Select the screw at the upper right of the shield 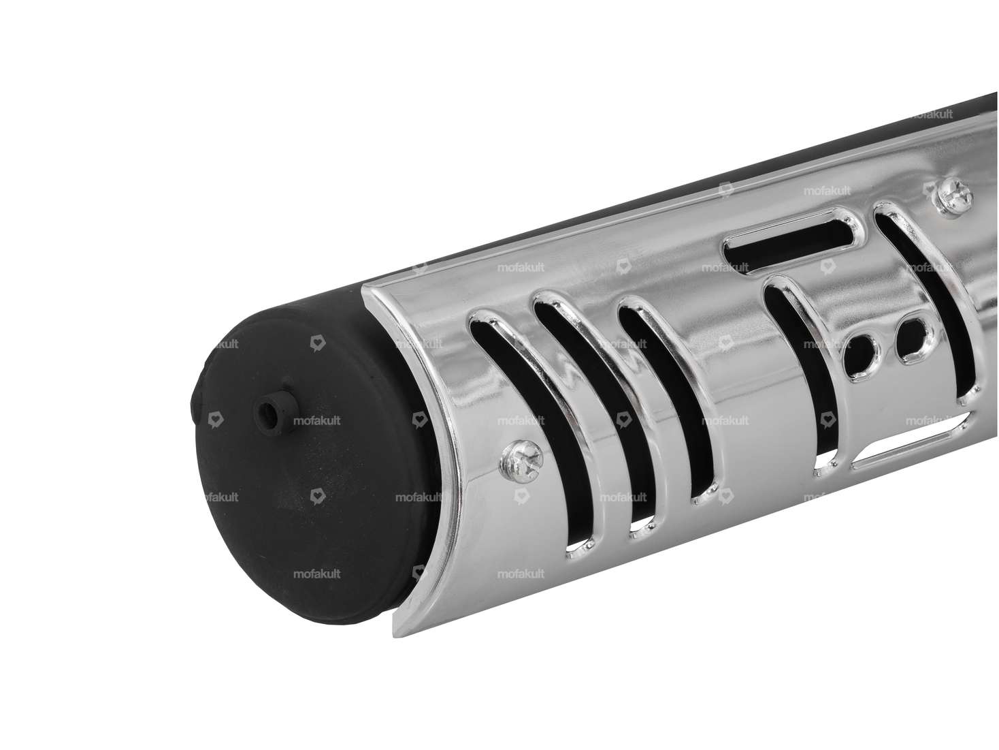[950, 197]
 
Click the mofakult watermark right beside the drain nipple [316, 421]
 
